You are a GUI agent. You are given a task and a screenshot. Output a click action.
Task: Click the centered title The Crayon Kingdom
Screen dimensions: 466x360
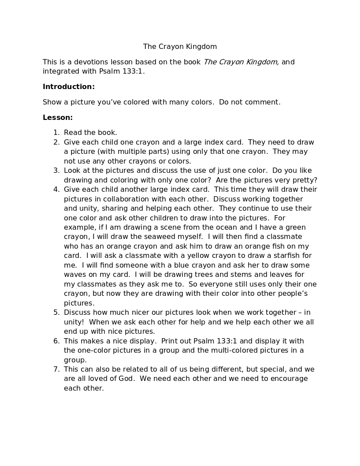pyautogui.click(x=180, y=46)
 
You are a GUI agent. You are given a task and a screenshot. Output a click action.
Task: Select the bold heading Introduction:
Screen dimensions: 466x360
pyautogui.click(x=69, y=87)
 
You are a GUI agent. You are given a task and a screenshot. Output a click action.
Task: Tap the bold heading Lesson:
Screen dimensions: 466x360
pyautogui.click(x=58, y=118)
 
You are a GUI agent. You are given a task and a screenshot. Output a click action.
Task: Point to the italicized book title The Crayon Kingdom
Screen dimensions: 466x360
pyautogui.click(x=241, y=62)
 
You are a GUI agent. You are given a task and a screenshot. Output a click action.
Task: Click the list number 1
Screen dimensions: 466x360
pyautogui.click(x=56, y=133)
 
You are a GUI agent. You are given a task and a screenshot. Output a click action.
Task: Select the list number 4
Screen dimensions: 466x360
pyautogui.click(x=56, y=190)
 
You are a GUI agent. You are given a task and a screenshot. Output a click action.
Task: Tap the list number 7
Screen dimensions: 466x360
pyautogui.click(x=56, y=369)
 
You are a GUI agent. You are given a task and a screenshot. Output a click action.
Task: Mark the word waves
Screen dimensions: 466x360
pyautogui.click(x=75, y=275)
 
